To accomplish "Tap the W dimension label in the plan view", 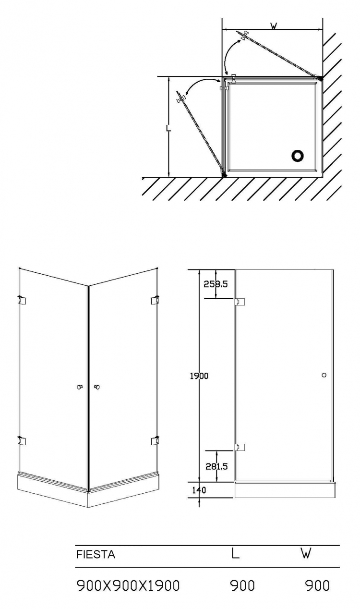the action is pos(274,26).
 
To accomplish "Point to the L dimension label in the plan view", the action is pos(169,127).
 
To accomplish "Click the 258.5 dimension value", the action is pos(216,284).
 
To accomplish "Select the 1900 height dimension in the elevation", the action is pos(199,376).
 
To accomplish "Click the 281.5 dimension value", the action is pos(216,466).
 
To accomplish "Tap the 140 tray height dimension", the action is pos(199,490).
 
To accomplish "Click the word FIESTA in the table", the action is pos(96,554).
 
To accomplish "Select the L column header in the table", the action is pos(235,554).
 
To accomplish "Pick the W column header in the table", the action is pos(306,554).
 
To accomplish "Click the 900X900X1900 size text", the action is pos(128,585).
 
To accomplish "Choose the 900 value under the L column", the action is pos(242,585).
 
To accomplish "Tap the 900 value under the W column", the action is pos(317,585).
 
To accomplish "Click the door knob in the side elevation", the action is pos(324,375).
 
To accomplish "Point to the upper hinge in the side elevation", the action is pos(240,302).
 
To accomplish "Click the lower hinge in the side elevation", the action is pos(240,447).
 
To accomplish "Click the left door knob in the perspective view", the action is pos(79,387).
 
